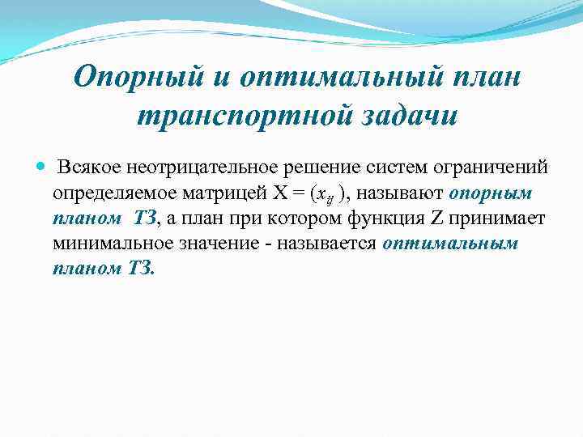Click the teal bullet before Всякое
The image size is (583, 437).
(42, 168)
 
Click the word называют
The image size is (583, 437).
(402, 193)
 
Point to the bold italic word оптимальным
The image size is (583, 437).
(450, 244)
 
